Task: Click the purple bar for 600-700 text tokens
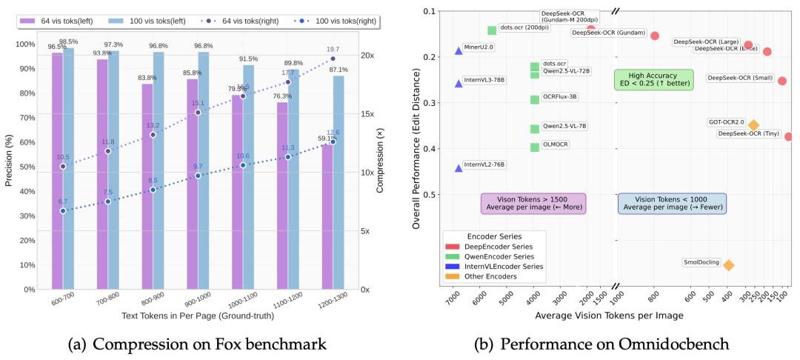point(57,170)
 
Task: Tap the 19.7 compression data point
point(333,59)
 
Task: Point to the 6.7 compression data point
point(63,211)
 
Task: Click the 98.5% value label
point(69,41)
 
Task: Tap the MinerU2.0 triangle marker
point(459,50)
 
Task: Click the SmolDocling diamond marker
point(728,264)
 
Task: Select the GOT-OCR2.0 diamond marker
point(753,125)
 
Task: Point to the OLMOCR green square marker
point(535,147)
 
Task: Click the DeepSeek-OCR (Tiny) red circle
point(789,136)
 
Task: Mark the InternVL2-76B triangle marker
point(459,168)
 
